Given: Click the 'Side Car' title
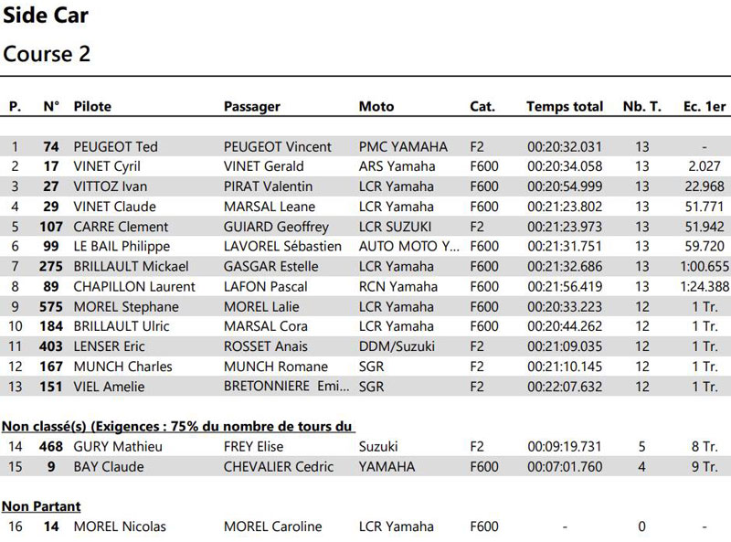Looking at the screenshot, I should point(46,16).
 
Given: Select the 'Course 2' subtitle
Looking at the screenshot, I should point(47,54).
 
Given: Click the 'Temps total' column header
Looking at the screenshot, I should point(565,106).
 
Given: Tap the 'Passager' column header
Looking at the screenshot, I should point(252,106).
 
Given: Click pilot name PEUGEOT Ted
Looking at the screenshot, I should point(115,146).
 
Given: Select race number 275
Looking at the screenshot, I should point(51,266).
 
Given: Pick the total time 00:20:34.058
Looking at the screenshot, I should point(565,166).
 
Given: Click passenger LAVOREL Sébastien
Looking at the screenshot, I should point(282,246).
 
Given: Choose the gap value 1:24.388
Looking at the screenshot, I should point(705,286).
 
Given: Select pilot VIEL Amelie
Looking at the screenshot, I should point(109,387).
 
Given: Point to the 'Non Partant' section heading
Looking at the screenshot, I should point(41,506).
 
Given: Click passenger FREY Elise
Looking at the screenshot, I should point(253,447).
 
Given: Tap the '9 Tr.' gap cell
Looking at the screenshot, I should point(705,466).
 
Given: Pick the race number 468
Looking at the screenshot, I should point(51,447).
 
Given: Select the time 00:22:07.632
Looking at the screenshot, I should point(565,387).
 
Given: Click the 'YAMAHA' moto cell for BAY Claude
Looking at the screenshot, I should point(387,466).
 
